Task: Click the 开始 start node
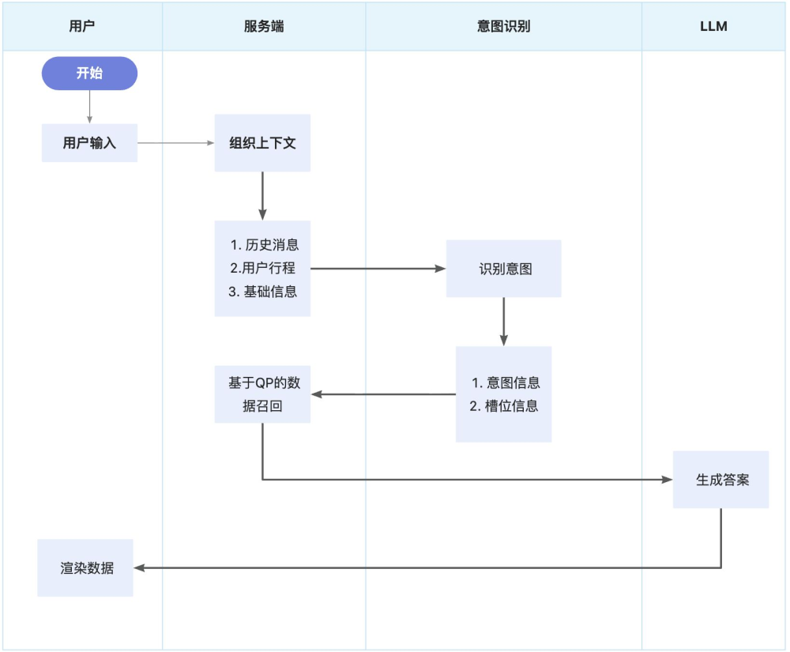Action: tap(89, 73)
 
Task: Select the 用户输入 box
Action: tap(89, 143)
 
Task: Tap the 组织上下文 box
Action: tap(262, 143)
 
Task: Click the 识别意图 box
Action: tap(504, 269)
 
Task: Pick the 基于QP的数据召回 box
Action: tap(262, 394)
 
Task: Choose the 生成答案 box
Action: tap(721, 480)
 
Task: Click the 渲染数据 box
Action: tap(86, 567)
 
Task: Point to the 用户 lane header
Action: tap(82, 26)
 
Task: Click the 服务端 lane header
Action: tap(264, 26)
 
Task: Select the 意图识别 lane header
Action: tap(504, 26)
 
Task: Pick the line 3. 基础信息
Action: tap(263, 292)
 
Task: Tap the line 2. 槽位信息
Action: tap(504, 406)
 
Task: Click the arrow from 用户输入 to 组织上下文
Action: tap(175, 143)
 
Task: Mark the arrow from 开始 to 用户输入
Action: tap(89, 107)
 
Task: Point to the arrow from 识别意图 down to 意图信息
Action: tap(503, 322)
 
